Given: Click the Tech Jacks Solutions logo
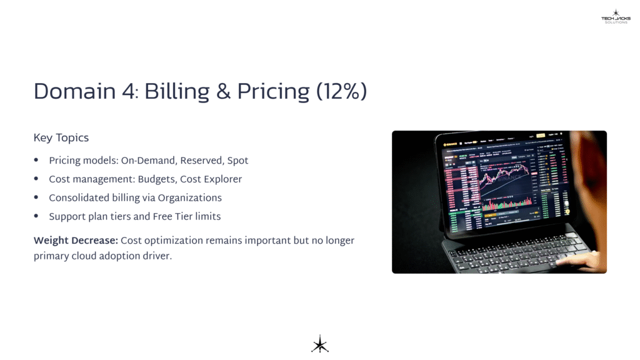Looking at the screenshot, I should tap(616, 16).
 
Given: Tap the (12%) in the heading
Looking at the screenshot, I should tap(341, 92).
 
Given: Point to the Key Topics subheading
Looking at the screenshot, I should tap(61, 137).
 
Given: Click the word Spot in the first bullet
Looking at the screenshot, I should tap(237, 161).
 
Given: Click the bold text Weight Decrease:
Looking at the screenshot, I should tap(76, 241).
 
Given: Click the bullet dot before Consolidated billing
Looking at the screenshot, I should tap(36, 198).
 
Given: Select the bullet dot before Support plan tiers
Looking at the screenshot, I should tap(36, 217).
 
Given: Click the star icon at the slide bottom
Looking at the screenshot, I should tap(320, 344).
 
